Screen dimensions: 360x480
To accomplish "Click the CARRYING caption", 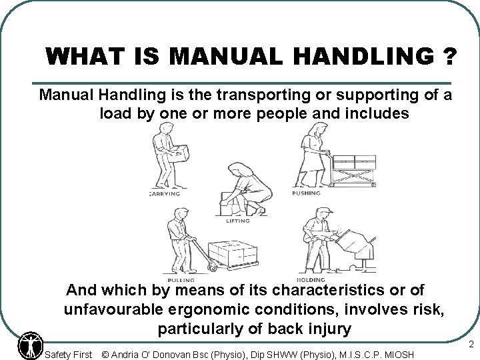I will coord(163,193).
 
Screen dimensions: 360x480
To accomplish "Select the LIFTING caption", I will coord(237,221).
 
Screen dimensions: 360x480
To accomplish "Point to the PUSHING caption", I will coord(309,193).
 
